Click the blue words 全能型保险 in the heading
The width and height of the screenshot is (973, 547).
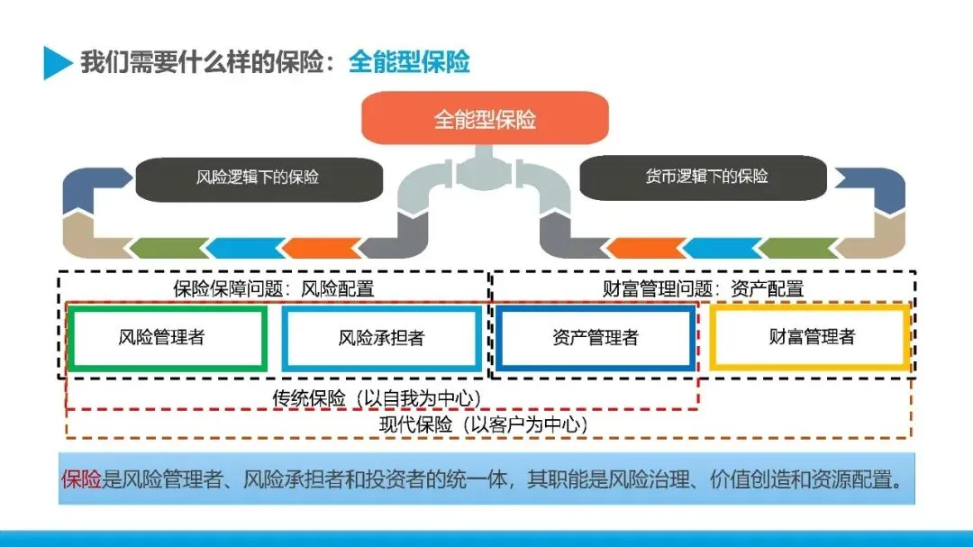(x=409, y=62)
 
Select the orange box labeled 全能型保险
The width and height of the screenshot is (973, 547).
(x=485, y=119)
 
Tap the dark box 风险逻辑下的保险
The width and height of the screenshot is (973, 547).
(x=258, y=178)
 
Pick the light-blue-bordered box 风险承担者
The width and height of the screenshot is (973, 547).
(x=381, y=338)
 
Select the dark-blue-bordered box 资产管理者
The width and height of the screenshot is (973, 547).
(x=596, y=338)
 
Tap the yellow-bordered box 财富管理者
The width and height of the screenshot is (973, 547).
(x=811, y=337)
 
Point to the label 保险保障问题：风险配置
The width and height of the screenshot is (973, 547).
(x=273, y=288)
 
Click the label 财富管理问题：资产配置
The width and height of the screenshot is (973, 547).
(x=703, y=288)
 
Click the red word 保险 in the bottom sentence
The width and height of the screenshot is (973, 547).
(x=81, y=479)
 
